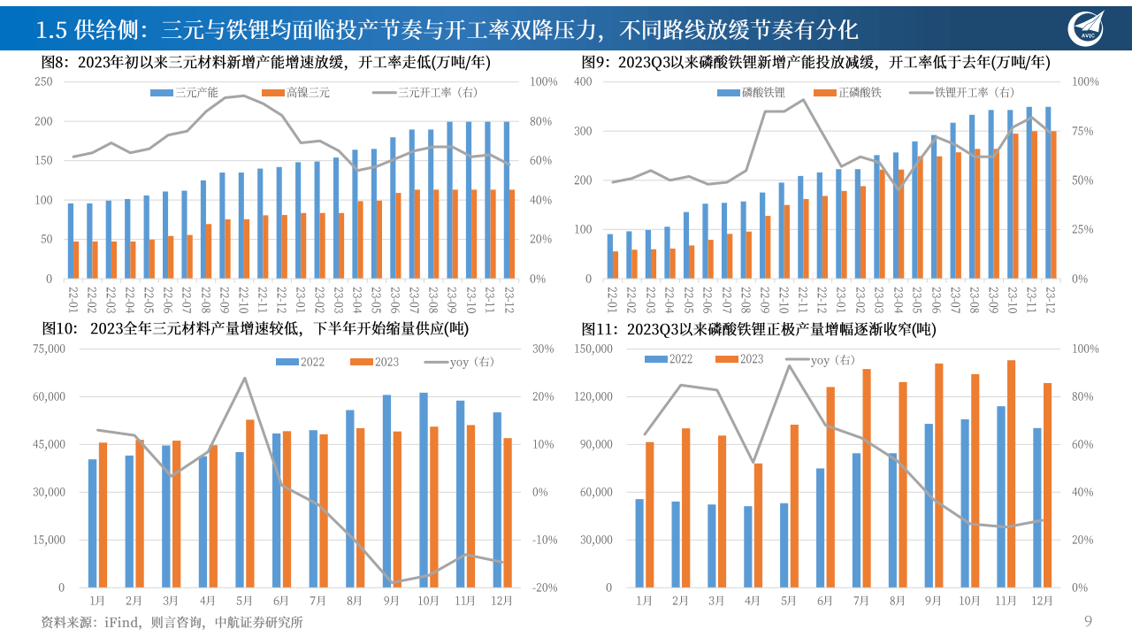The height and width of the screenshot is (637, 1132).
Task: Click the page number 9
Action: point(1088,621)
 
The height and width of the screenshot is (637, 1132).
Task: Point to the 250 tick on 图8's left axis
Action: point(43,81)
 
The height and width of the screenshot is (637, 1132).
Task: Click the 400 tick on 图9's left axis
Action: point(582,81)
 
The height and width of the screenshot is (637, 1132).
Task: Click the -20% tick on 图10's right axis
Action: point(544,587)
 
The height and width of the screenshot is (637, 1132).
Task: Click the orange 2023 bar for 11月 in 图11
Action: point(1011,473)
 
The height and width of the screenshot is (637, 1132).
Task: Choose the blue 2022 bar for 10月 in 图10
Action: point(424,490)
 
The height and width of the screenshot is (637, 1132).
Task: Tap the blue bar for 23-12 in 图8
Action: point(508,200)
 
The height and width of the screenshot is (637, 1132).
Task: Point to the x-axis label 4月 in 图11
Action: point(753,602)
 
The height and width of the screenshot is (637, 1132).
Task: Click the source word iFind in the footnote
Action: point(122,622)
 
